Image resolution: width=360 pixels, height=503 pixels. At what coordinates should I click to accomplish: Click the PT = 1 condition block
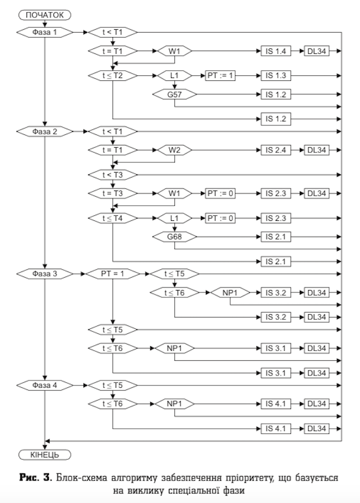[x=112, y=274]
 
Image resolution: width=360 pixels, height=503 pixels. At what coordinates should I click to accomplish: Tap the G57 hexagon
[x=174, y=95]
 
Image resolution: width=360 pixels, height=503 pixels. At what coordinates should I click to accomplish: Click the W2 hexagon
[x=174, y=150]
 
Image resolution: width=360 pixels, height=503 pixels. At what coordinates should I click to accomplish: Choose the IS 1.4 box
[x=276, y=51]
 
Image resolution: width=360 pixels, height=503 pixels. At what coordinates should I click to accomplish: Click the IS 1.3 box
[x=276, y=74]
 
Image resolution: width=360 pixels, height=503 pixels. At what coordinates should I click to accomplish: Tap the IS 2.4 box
[x=276, y=150]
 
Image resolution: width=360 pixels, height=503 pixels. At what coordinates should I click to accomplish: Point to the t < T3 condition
[x=112, y=174]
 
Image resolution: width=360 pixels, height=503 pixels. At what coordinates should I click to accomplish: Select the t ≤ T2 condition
[x=112, y=74]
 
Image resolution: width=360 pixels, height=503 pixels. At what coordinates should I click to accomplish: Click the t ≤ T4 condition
[x=112, y=217]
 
